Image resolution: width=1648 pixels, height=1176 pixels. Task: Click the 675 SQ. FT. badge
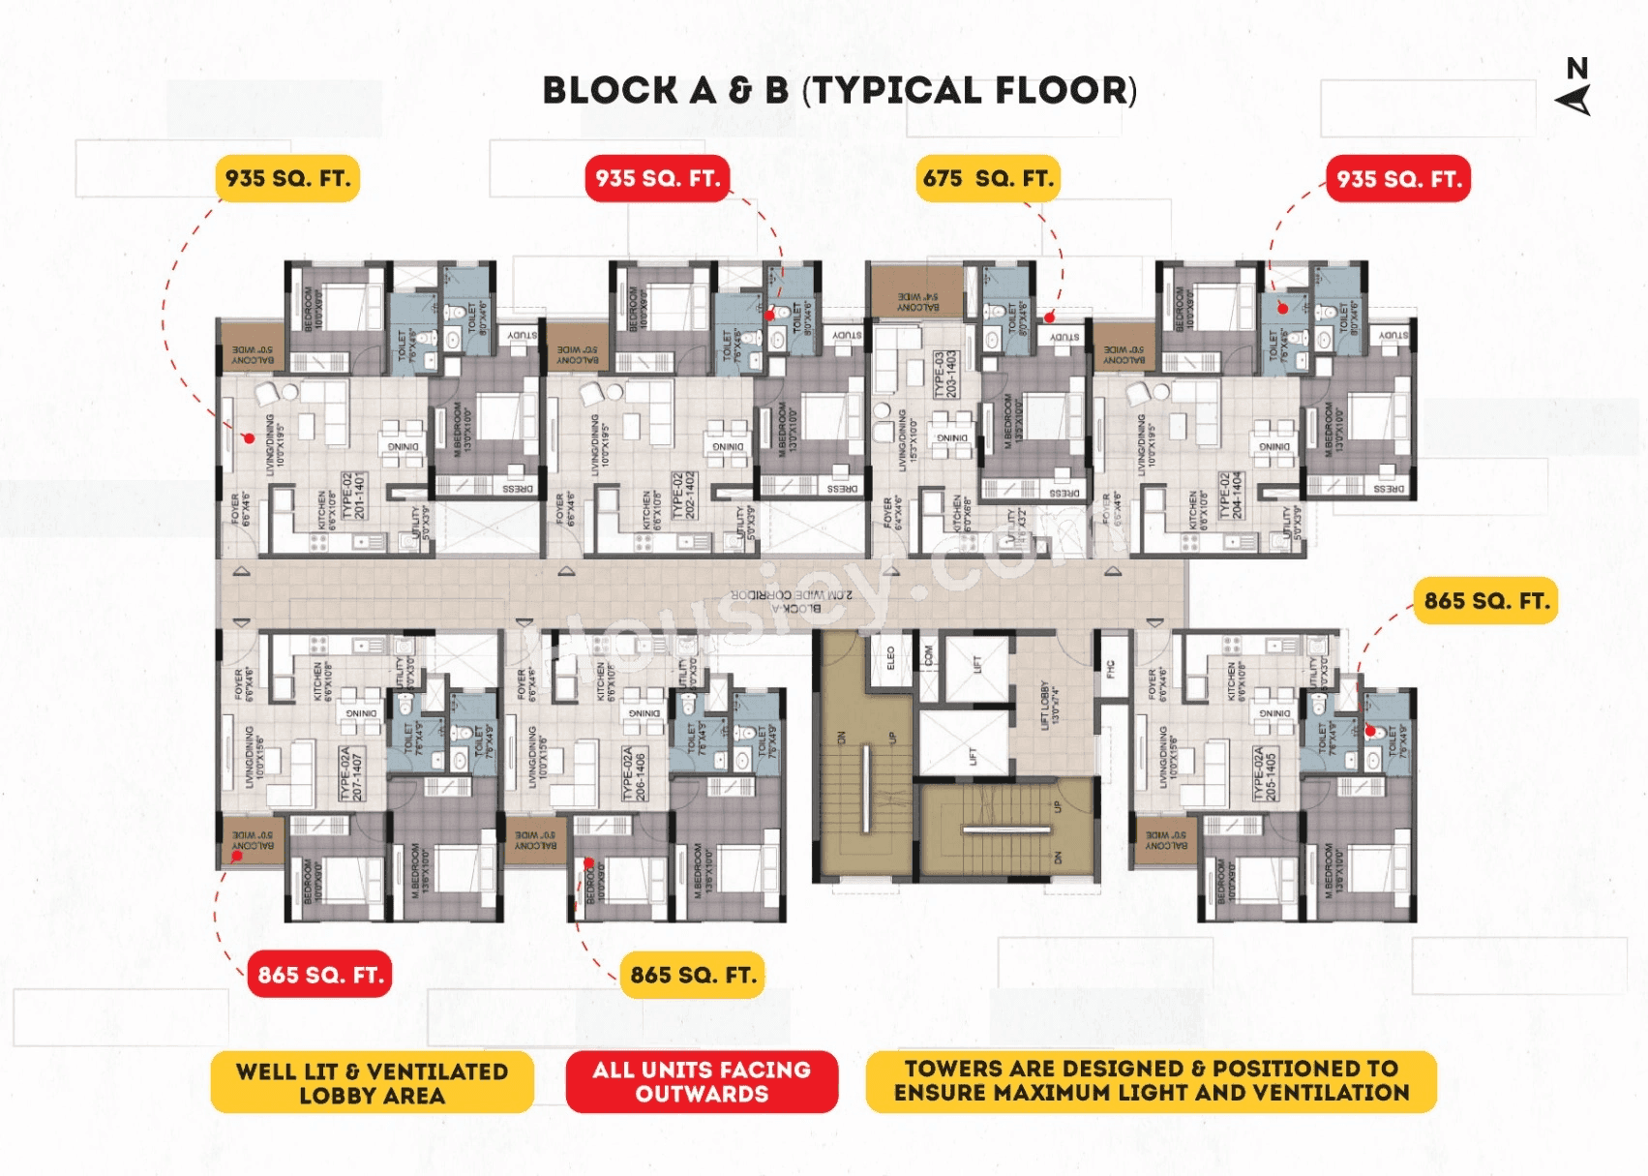[x=987, y=179]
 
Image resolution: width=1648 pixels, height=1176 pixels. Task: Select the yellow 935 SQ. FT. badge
[x=287, y=179]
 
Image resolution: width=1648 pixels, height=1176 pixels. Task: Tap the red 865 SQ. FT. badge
[x=320, y=975]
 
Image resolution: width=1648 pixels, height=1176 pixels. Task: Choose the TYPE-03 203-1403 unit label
[x=944, y=374]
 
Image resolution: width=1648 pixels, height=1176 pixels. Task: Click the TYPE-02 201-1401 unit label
[x=353, y=496]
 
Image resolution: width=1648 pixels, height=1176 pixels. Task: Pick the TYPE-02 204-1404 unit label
[x=1231, y=496]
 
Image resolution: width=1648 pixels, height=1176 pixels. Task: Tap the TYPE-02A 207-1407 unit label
[x=350, y=773]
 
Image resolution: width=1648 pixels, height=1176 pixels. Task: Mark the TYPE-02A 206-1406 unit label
[x=634, y=773]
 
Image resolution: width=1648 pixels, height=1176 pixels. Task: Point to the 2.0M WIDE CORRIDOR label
[x=792, y=594]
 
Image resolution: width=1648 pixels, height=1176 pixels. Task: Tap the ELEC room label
[x=891, y=659]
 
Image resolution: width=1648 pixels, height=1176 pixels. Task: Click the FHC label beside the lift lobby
[x=1111, y=668]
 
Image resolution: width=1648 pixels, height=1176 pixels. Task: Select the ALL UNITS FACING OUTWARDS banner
[x=702, y=1081]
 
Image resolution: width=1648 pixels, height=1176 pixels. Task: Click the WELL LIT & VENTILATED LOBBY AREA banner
[x=373, y=1083]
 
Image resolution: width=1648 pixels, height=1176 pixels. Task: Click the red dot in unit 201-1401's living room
[x=249, y=438]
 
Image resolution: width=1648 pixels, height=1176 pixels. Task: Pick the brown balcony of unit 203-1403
[x=916, y=290]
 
